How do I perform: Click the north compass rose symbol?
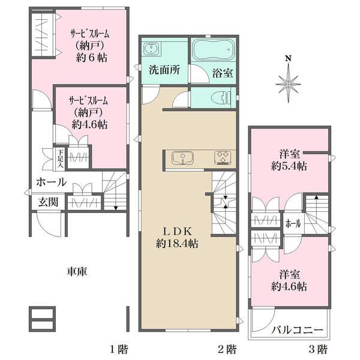pyautogui.click(x=289, y=78)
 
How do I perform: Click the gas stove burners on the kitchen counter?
pyautogui.click(x=224, y=158)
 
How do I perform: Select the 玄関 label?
pyautogui.click(x=49, y=202)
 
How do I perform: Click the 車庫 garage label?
pyautogui.click(x=77, y=272)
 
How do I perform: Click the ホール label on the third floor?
pyautogui.click(x=293, y=224)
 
